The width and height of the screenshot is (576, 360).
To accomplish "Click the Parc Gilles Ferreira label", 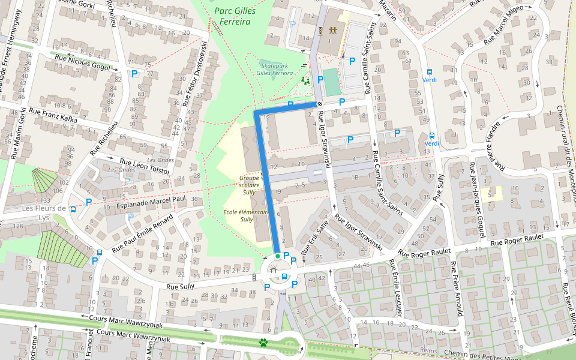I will click(x=235, y=16).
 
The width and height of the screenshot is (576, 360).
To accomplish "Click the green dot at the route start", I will click(x=277, y=257).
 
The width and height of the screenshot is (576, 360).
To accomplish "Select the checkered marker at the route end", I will click(x=320, y=104).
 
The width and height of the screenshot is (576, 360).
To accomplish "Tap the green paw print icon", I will click(x=263, y=342).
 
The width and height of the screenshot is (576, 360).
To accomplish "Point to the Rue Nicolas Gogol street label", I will click(x=82, y=63).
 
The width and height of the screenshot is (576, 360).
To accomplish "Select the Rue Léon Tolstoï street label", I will click(x=145, y=166).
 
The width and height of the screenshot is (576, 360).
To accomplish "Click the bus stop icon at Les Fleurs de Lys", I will click(x=73, y=209).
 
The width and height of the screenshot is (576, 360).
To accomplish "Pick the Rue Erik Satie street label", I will click(x=316, y=236).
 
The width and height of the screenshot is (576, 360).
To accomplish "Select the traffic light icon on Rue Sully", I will click(x=254, y=277).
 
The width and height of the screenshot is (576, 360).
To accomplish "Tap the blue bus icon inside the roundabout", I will click(x=284, y=275).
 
